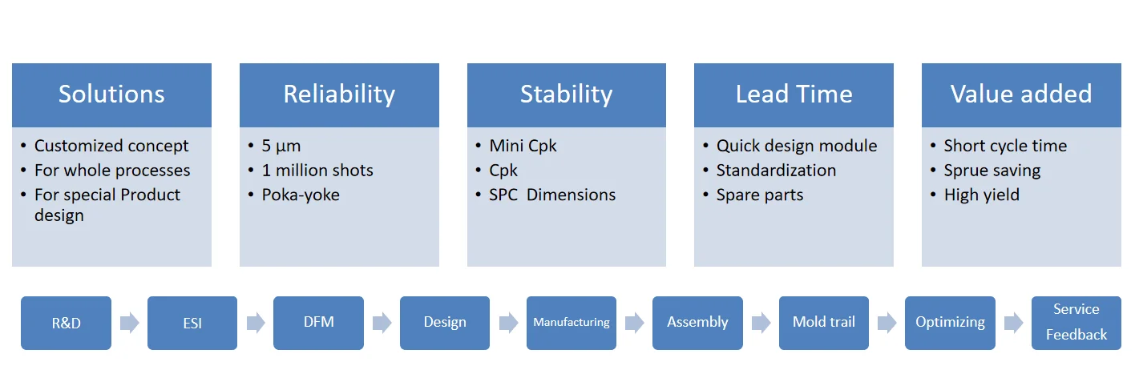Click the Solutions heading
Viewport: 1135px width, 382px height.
111,94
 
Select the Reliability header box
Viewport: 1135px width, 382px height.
339,94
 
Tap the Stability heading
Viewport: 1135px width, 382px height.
566,94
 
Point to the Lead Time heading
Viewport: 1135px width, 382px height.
794,94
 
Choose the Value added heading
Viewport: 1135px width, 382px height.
1021,94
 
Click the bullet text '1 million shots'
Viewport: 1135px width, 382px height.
317,171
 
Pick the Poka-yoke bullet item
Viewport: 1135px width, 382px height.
301,195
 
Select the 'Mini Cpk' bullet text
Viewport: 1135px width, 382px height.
523,146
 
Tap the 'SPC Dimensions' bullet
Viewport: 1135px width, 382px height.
552,195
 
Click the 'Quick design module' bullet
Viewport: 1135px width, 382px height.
797,146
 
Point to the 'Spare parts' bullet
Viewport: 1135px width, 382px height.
760,195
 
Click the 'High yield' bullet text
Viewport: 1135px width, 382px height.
982,195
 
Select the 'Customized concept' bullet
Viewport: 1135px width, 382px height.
111,146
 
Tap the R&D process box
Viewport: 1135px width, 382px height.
66,323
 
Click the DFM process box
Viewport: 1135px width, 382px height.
318,323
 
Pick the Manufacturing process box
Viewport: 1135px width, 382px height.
572,323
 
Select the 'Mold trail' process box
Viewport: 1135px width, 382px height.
824,323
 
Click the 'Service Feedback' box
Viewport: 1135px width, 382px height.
1076,323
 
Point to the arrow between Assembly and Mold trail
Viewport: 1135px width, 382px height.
761,323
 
